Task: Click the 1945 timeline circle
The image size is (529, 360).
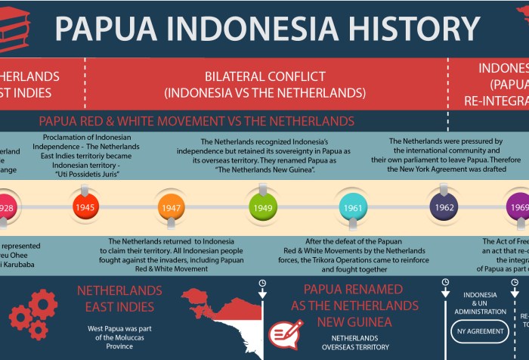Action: (85, 206)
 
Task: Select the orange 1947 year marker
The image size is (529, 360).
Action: (171, 206)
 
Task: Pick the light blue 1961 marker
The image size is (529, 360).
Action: (353, 206)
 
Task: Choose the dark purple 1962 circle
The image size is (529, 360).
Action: (444, 206)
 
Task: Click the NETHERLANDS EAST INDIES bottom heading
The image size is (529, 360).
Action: (119, 299)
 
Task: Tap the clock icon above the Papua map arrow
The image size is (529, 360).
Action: (261, 284)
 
